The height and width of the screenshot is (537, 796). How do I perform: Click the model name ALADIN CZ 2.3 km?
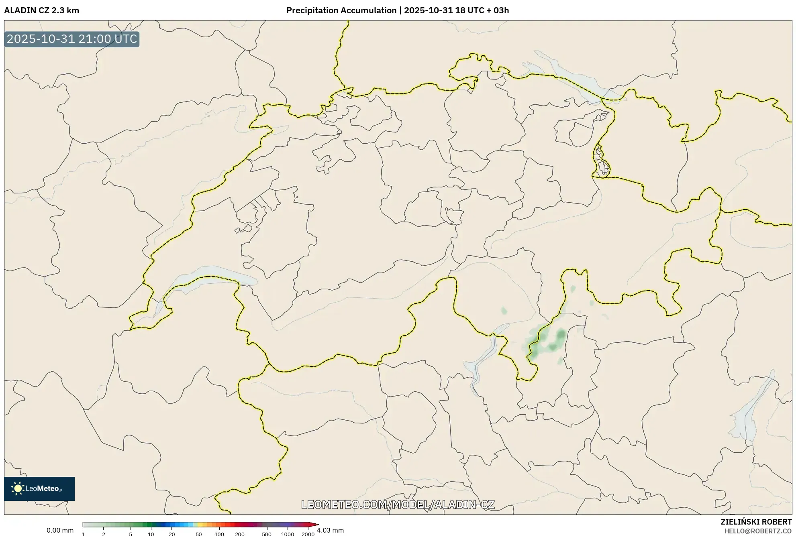click(41, 10)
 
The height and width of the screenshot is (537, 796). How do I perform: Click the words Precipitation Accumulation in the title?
click(341, 10)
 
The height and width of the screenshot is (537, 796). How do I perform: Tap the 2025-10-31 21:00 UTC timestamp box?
click(72, 39)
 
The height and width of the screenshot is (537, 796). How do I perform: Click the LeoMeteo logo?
click(39, 488)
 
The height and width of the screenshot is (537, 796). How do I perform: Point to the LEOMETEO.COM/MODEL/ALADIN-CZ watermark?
click(398, 504)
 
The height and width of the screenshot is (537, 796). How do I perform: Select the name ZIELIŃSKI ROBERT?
click(756, 522)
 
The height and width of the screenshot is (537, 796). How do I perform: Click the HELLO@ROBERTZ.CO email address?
click(758, 531)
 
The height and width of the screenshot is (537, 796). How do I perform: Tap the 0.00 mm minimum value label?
click(60, 530)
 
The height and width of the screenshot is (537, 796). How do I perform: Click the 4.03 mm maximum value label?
click(330, 530)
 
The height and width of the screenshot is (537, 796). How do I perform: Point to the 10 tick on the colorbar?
click(151, 534)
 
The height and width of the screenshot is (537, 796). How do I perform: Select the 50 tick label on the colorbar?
click(198, 534)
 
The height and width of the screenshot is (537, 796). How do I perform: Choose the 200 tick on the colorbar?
click(239, 534)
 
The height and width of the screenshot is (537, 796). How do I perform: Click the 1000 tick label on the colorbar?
click(287, 534)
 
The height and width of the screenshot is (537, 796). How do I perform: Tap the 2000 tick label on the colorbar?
click(308, 534)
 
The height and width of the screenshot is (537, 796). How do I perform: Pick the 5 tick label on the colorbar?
click(131, 534)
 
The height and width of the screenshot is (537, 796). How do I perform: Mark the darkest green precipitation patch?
click(561, 334)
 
